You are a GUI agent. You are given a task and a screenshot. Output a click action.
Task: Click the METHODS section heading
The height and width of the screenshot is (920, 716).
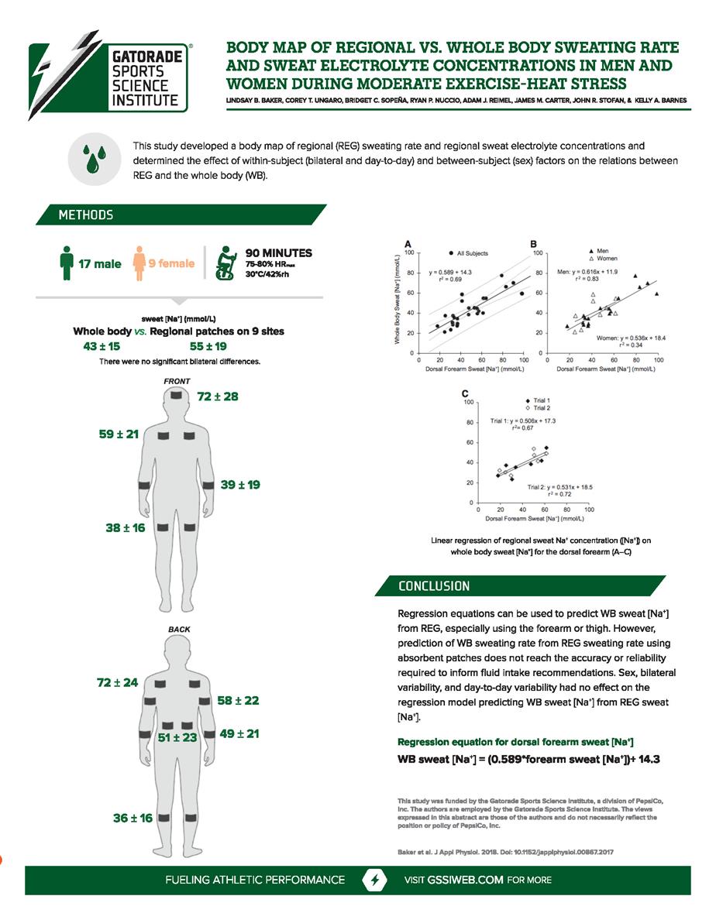click(x=85, y=215)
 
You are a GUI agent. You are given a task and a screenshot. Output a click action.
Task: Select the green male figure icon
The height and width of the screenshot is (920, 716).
click(x=66, y=264)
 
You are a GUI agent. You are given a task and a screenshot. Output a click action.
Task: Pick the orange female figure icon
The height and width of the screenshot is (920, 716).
click(x=139, y=264)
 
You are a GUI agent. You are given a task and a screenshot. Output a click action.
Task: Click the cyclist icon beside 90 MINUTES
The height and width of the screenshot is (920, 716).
click(x=226, y=263)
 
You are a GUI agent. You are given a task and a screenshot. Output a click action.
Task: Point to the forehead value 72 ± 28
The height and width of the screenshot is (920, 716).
click(x=219, y=396)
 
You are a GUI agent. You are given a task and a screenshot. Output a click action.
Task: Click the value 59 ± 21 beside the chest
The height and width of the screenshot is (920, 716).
click(x=119, y=434)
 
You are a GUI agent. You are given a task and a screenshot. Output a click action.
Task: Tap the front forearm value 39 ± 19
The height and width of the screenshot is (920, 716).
click(x=240, y=485)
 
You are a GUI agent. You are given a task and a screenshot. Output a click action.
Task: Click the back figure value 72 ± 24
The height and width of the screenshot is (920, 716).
click(x=117, y=682)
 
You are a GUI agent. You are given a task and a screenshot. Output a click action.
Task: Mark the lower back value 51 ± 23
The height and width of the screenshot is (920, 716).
click(x=177, y=738)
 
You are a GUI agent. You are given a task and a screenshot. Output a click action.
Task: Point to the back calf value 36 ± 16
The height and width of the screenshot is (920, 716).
click(x=133, y=818)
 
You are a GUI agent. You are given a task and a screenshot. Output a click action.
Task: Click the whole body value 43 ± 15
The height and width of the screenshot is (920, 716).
click(x=102, y=345)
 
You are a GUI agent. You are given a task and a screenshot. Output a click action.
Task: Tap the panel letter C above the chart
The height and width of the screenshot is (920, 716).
click(x=464, y=394)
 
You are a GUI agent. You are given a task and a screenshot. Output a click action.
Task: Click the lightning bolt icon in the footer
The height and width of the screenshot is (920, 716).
click(x=375, y=881)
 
